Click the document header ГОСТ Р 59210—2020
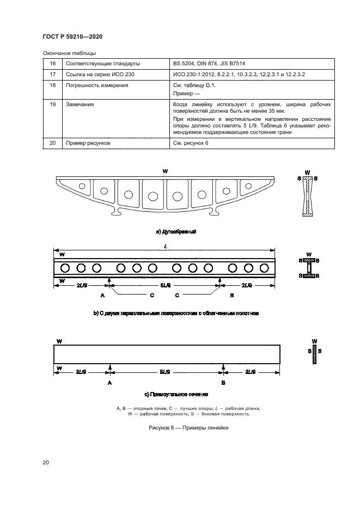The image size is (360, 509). (72, 36)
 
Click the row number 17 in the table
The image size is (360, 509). (53, 74)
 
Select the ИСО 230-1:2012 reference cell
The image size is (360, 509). (239, 74)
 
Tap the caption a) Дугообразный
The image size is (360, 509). (175, 232)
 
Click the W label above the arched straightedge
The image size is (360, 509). (165, 171)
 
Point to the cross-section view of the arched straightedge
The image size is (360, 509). (308, 197)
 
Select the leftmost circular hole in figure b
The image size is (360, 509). (65, 268)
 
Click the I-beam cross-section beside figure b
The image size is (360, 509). (308, 268)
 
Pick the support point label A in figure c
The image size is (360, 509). (109, 383)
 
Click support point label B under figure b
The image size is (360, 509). (232, 295)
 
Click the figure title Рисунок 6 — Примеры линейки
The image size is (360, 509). (188, 428)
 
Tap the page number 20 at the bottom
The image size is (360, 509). (46, 463)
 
